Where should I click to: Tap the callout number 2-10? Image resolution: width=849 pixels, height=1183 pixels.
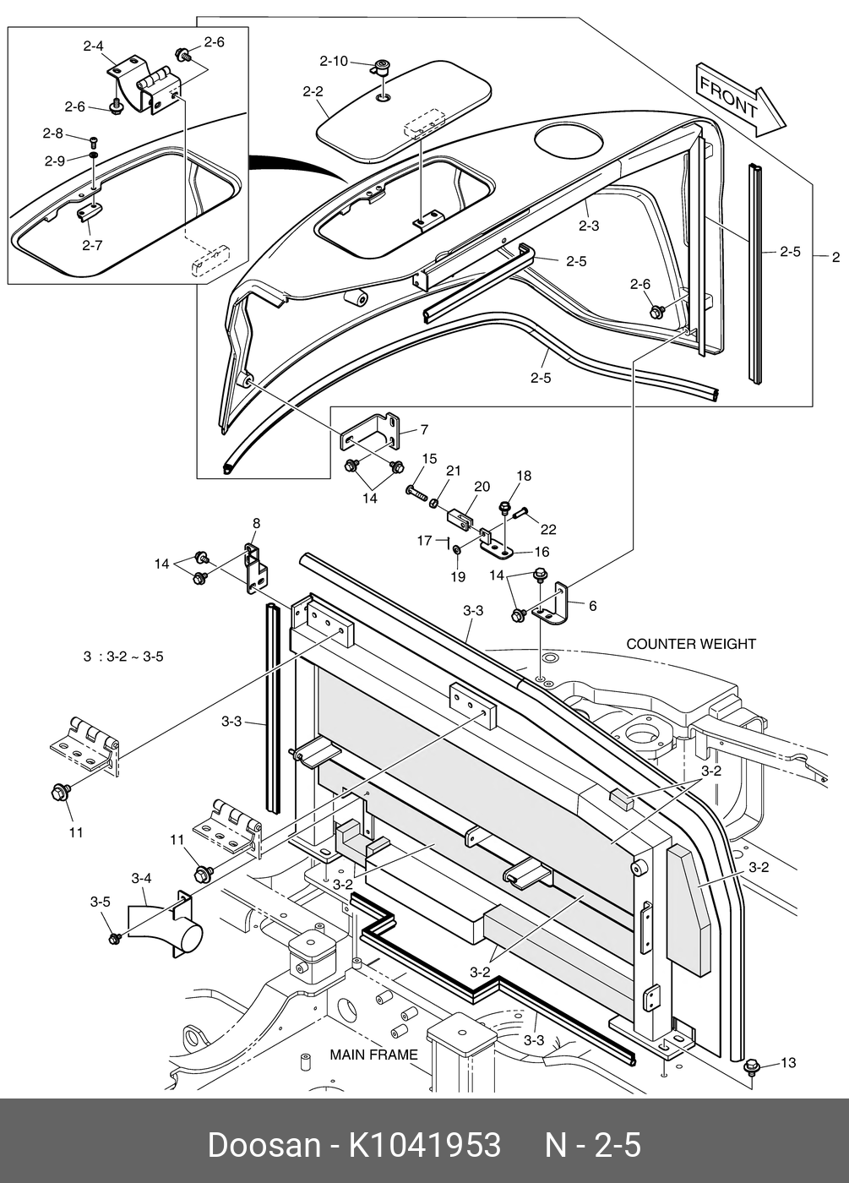[x=333, y=61]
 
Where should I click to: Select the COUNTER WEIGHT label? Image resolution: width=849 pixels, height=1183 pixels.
[x=691, y=644]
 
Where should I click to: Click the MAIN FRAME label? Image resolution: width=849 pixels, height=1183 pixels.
[x=373, y=1055]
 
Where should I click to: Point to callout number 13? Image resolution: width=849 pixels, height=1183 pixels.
[x=787, y=1062]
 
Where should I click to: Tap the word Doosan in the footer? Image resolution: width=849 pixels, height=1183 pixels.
[x=263, y=1145]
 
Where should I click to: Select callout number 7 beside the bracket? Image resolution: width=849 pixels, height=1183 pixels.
[x=423, y=430]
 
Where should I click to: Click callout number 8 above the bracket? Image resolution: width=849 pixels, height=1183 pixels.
[x=256, y=524]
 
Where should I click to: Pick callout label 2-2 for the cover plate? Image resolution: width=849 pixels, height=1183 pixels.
[x=313, y=91]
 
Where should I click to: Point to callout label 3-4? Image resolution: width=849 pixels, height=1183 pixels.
[x=141, y=879]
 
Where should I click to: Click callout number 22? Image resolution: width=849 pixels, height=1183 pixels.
[x=548, y=529]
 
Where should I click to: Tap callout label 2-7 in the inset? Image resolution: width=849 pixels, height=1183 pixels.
[x=92, y=246]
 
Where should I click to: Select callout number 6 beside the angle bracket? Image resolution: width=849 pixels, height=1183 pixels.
[x=592, y=605]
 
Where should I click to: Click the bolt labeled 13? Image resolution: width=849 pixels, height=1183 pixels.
[x=751, y=1067]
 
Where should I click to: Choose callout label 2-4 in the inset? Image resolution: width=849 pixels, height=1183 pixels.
[x=94, y=46]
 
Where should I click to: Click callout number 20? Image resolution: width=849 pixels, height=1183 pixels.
[x=482, y=487]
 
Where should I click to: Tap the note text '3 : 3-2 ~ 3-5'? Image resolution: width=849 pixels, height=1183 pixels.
[x=123, y=656]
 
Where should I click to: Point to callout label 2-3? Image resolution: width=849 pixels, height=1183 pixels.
[x=589, y=226]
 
